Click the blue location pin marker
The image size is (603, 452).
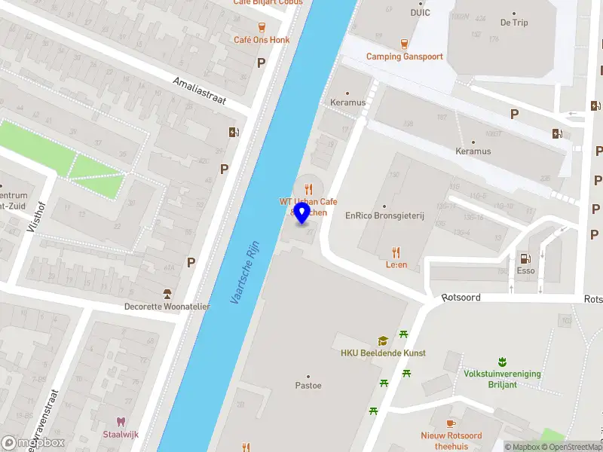[302, 213]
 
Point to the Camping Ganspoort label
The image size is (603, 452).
[405, 56]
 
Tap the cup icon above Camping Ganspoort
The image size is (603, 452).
[405, 43]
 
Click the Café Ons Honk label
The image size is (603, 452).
[262, 40]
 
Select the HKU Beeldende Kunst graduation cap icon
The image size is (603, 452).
[383, 341]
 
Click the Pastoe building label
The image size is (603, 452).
[308, 386]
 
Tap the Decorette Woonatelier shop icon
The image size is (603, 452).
[167, 294]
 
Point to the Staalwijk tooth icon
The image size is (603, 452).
[119, 422]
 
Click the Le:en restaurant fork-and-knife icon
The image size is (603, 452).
[396, 252]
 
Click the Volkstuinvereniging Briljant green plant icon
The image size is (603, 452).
[502, 362]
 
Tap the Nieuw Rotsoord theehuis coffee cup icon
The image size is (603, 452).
[451, 423]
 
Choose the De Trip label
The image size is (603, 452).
[514, 23]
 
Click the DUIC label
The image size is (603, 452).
[420, 12]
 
